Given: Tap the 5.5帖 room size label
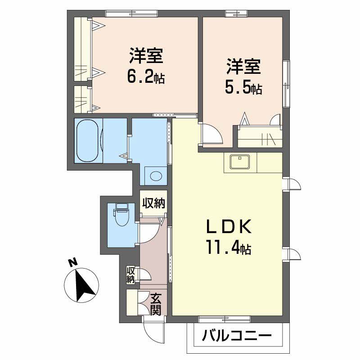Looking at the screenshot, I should point(243,88).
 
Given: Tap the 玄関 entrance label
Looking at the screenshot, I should point(156,304).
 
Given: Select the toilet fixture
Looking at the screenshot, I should point(121,216).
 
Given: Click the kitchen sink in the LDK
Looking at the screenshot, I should point(240,162).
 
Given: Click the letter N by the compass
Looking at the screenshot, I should point(70,262).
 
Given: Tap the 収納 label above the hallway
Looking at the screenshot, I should point(153,204).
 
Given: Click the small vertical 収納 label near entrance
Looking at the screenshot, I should point(130,275).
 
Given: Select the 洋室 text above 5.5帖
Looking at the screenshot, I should point(243,67).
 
